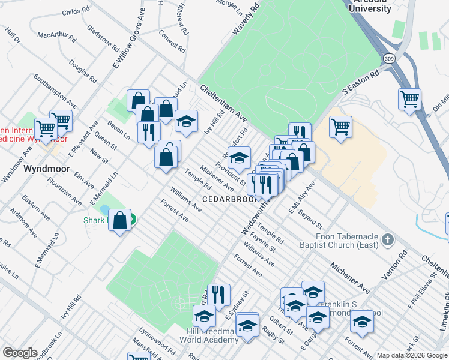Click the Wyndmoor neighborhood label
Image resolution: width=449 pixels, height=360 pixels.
coord(44,169)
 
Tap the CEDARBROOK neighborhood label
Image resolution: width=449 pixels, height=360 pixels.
coord(229,199)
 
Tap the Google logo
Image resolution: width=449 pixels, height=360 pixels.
coord(20,353)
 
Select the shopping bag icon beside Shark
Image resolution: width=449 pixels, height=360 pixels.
coord(120,220)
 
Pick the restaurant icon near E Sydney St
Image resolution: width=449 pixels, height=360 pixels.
coord(218,294)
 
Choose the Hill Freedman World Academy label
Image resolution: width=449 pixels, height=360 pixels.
coord(203,335)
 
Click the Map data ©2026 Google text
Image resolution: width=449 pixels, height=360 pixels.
coord(411,355)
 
